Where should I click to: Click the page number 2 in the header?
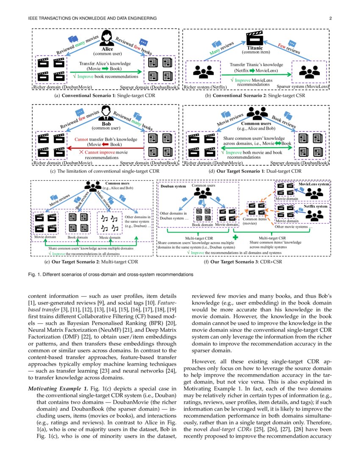pyautogui.click(x=330, y=18)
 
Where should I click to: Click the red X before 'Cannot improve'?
pyautogui.click(x=81, y=152)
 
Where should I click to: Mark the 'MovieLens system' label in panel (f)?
pyautogui.click(x=314, y=184)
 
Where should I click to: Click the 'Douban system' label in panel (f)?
pyautogui.click(x=173, y=186)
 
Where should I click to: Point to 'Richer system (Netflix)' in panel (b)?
pyautogui.click(x=205, y=87)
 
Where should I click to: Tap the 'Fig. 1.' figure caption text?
pyautogui.click(x=110, y=274)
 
